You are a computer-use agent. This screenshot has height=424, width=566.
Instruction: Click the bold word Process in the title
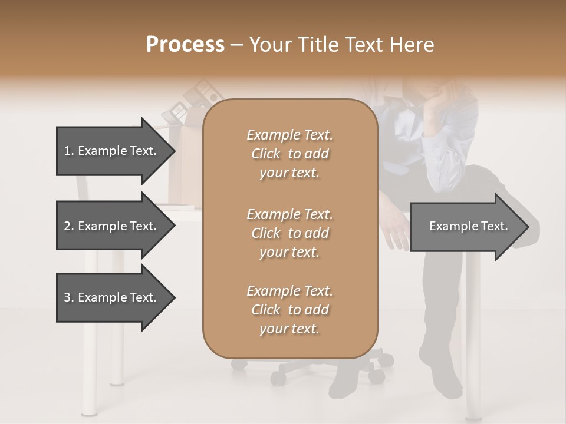185,44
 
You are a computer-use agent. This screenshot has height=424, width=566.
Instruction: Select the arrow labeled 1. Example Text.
112,151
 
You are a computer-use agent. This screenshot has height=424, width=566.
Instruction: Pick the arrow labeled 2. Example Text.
112,226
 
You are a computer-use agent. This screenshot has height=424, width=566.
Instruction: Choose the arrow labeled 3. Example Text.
112,297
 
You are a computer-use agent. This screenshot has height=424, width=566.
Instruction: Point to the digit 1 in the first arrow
67,151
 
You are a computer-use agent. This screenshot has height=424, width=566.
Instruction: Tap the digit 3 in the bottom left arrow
67,297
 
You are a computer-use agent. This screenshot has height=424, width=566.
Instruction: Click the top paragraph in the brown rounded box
289,154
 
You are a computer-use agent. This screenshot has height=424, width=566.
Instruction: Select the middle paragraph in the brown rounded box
289,233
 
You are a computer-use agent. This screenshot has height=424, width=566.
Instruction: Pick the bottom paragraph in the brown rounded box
289,310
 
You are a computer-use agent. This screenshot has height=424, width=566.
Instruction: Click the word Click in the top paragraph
266,154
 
